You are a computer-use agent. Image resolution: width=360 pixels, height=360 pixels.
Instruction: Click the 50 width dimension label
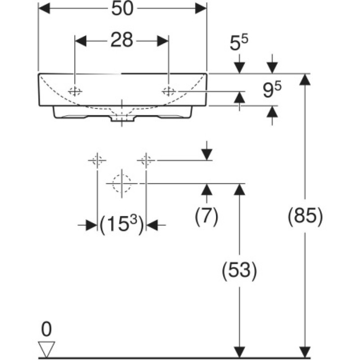[x=122, y=9]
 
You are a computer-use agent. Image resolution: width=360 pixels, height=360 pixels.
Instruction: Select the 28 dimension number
[x=121, y=40]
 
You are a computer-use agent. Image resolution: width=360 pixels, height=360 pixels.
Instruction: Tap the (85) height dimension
[x=305, y=216]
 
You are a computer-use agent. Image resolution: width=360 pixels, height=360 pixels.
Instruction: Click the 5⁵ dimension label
[x=239, y=43]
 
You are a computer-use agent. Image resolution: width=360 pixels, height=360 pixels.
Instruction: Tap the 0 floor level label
[x=46, y=329]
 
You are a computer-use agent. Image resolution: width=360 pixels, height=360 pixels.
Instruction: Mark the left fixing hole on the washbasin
[x=75, y=92]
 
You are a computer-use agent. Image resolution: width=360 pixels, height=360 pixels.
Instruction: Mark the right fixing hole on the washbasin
[x=169, y=91]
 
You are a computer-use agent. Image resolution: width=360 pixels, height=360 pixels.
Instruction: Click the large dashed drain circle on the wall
[x=121, y=184]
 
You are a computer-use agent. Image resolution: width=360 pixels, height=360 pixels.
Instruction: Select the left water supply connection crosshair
[x=97, y=160]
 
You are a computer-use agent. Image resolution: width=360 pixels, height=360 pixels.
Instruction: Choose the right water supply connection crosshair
[x=146, y=160]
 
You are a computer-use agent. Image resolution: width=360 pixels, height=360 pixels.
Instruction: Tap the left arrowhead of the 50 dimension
[x=44, y=9]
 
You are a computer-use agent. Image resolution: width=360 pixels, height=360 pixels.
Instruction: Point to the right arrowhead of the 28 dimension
[x=163, y=41]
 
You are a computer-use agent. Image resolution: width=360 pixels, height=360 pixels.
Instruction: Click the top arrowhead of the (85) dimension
[x=305, y=80]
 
